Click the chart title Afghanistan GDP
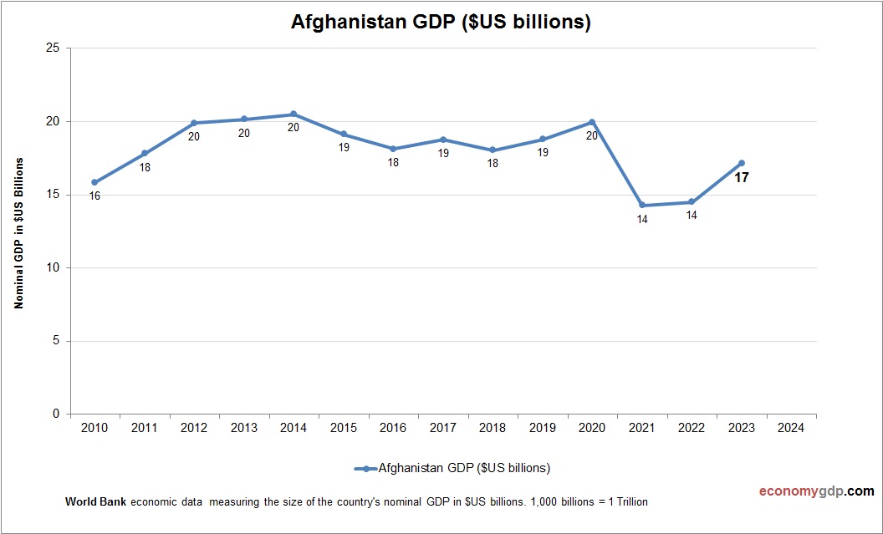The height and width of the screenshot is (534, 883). (441, 23)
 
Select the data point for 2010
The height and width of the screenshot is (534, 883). (94, 182)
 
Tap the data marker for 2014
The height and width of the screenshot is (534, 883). (293, 114)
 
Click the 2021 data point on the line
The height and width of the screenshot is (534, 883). (642, 206)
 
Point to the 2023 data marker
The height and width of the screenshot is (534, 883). (742, 163)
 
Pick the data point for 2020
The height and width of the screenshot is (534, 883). (592, 122)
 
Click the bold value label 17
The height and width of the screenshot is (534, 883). (742, 177)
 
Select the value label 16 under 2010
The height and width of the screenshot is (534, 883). (94, 196)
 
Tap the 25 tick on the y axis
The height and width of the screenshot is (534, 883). (52, 48)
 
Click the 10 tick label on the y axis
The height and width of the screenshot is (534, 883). (52, 268)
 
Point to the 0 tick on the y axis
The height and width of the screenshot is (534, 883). (55, 414)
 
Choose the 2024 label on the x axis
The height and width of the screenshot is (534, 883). (791, 428)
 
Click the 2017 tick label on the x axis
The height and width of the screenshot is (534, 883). (442, 428)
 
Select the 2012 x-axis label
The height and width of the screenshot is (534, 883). (194, 428)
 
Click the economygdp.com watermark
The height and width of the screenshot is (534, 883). (804, 491)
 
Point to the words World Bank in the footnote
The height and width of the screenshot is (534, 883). (96, 502)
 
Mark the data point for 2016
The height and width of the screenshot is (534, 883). (393, 149)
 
